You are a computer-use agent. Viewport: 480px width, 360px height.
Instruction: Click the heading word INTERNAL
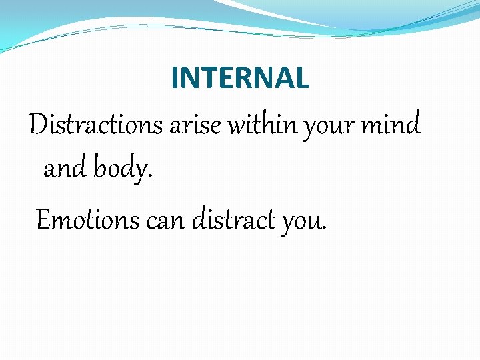point(240,78)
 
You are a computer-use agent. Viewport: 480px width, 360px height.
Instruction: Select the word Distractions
point(96,125)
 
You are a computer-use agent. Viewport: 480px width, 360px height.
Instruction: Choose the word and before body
point(65,169)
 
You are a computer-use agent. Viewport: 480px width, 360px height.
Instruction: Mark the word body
point(120,170)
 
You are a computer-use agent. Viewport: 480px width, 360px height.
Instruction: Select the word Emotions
point(87,219)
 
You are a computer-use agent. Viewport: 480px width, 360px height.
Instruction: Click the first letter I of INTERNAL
point(175,78)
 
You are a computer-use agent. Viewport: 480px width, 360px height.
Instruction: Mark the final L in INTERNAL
point(303,78)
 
